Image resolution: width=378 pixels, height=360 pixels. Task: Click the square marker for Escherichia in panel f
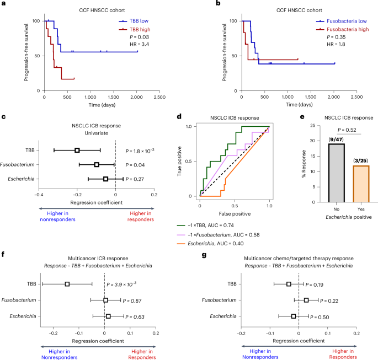(x=108, y=316)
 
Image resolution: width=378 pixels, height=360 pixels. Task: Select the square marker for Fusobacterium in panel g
(x=306, y=300)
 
